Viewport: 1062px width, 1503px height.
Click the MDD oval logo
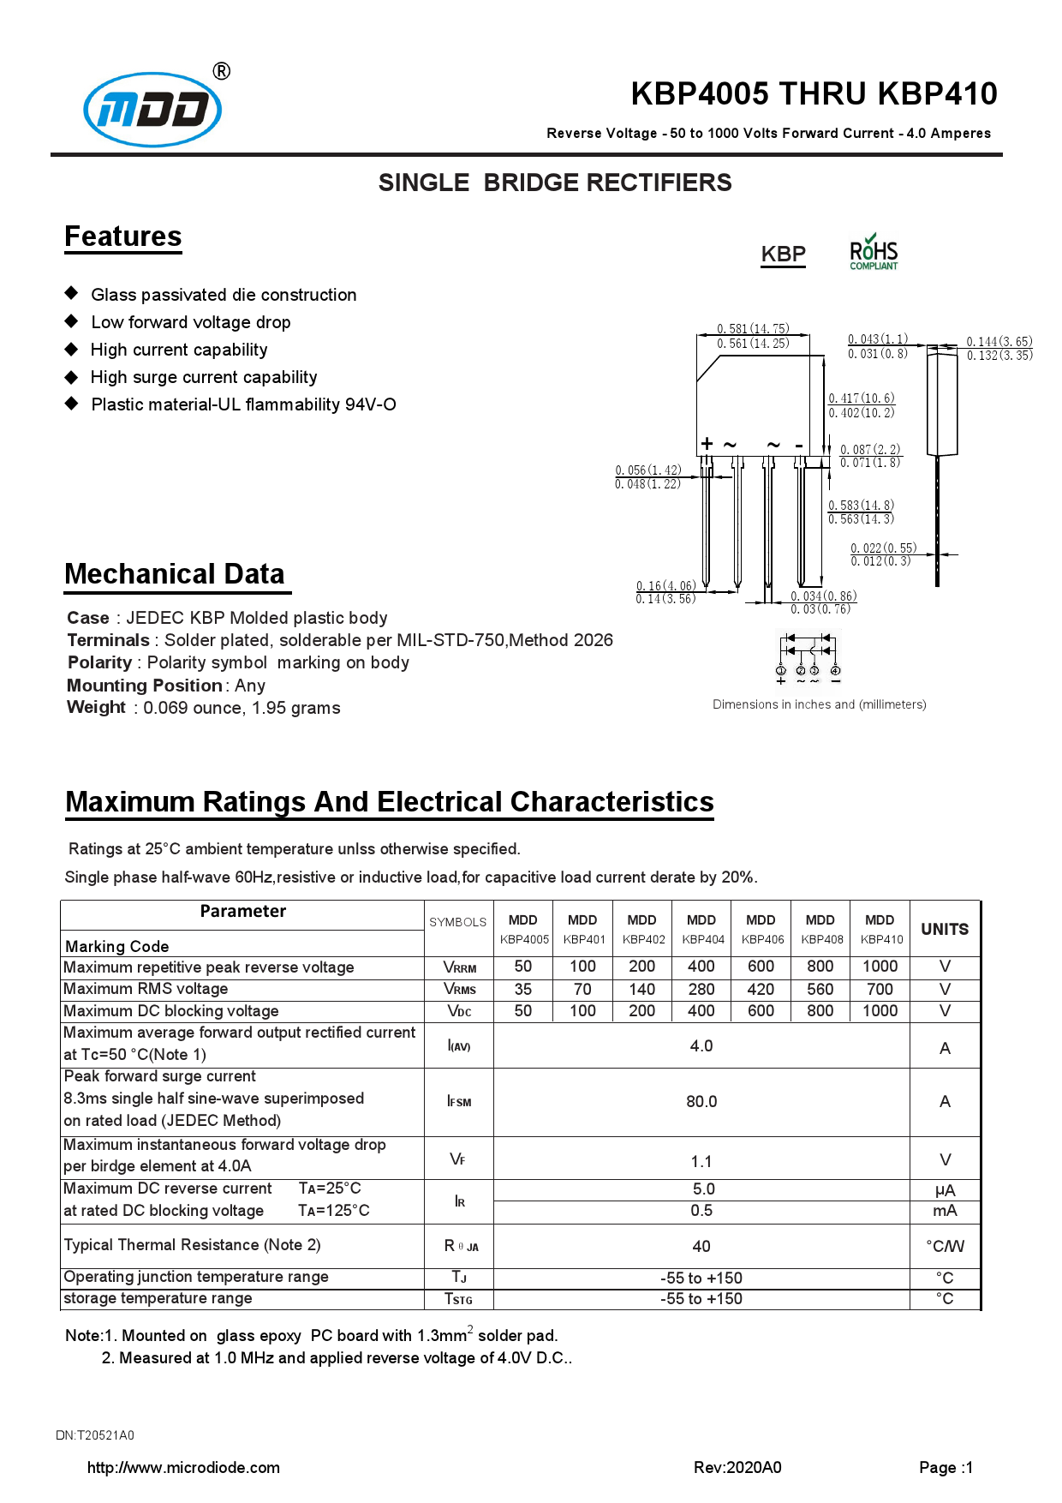point(152,109)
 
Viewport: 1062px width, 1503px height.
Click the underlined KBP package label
point(783,254)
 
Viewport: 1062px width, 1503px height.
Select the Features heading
point(123,237)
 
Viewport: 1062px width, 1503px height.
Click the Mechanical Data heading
point(175,574)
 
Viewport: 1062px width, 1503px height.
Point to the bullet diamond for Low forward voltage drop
point(72,321)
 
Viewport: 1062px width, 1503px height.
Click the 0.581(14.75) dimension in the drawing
point(753,328)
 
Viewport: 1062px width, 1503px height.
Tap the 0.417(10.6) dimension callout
point(861,398)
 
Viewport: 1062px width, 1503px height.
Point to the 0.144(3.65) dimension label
point(999,341)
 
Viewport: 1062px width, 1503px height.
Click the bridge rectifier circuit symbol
point(808,656)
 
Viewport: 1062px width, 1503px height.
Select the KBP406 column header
point(761,930)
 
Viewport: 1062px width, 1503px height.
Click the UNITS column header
point(945,929)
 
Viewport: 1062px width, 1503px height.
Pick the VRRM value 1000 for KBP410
point(880,967)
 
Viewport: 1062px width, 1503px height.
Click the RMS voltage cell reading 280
point(701,989)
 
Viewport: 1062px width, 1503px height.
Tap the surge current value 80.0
point(701,1102)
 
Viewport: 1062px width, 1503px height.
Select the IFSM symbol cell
point(459,1102)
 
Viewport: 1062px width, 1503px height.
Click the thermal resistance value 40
point(701,1246)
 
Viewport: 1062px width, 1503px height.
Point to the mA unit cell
point(945,1211)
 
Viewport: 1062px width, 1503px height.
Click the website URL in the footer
point(183,1467)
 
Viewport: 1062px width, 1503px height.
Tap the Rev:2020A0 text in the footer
point(737,1467)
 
